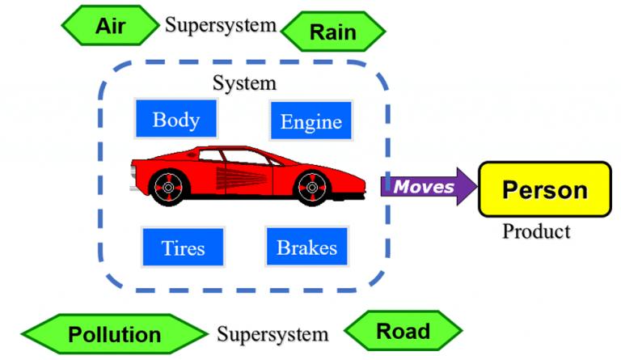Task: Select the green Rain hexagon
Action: (332, 32)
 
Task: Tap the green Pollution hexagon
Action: (114, 334)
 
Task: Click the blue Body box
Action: (175, 120)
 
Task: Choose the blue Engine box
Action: (310, 122)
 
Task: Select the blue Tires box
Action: (182, 247)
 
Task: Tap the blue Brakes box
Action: (306, 247)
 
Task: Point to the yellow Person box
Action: (544, 189)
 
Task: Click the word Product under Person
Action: (535, 231)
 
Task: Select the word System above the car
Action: (243, 83)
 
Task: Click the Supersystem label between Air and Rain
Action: (221, 25)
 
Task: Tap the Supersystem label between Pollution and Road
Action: (272, 334)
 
